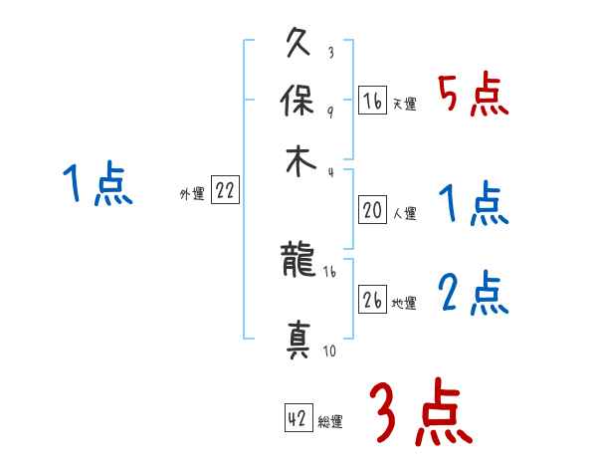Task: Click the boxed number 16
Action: pos(372,101)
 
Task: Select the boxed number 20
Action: pos(372,210)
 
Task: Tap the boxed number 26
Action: pos(372,301)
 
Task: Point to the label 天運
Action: pos(404,104)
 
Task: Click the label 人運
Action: pos(404,213)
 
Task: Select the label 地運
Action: pos(404,304)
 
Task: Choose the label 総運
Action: pos(329,422)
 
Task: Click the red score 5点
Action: pos(473,95)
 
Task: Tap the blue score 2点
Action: pos(473,294)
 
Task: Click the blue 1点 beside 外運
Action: pos(97,184)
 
